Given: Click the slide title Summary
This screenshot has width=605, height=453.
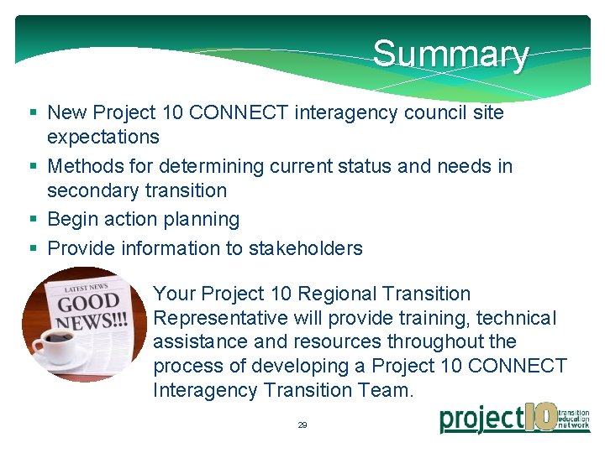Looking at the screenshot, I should pos(450,55).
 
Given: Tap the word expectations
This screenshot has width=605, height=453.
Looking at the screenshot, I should pos(103,136).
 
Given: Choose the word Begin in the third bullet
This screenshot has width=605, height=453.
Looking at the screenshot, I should pos(73,219).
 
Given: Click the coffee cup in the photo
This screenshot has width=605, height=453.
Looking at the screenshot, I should pos(55,345).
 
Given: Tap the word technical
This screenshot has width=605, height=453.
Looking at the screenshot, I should pos(516,319).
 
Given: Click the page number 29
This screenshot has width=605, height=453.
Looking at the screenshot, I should pos(302,425).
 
